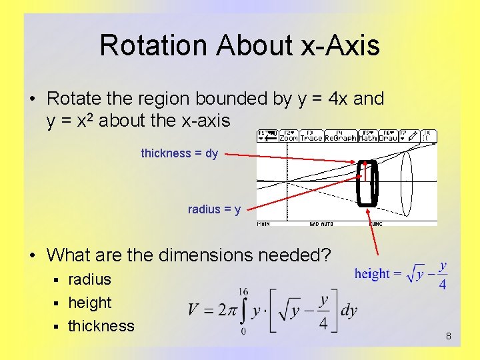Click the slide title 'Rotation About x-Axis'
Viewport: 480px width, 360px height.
pos(239,45)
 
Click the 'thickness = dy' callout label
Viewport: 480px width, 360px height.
pos(179,153)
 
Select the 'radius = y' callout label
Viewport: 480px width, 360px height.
pos(214,209)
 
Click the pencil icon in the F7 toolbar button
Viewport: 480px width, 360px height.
pos(412,136)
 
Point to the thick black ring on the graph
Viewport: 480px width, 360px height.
pos(367,183)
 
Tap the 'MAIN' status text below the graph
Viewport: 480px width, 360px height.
pos(264,223)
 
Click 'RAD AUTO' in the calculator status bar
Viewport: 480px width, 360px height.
pos(321,223)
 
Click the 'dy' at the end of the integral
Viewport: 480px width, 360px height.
pos(349,310)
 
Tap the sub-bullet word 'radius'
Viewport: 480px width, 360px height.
pos(89,279)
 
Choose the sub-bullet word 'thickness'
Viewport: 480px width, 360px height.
pos(101,326)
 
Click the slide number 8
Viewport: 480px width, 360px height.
pos(449,337)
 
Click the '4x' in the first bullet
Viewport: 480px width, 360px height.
pos(338,99)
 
